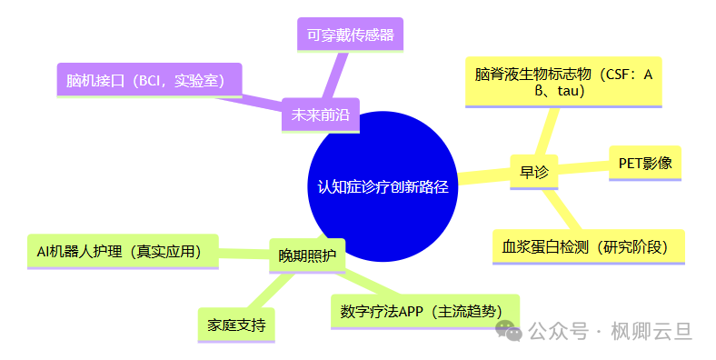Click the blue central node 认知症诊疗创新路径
[383, 185]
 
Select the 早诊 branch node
[533, 172]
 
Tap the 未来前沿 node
[320, 115]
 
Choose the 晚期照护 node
[306, 255]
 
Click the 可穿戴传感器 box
[350, 35]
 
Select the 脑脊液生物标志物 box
[562, 82]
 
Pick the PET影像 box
[644, 164]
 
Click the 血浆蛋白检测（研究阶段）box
[587, 246]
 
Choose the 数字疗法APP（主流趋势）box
[423, 310]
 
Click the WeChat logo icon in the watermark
[513, 331]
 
